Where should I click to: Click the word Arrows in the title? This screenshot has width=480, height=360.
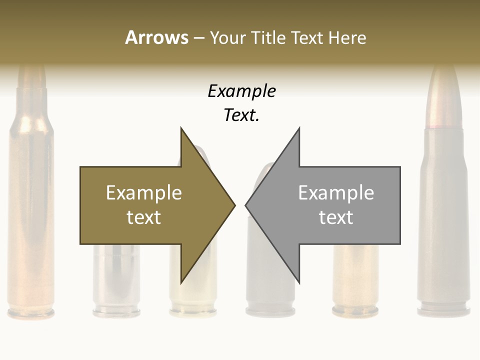pyautogui.click(x=156, y=37)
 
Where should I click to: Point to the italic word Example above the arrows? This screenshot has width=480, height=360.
pyautogui.click(x=241, y=91)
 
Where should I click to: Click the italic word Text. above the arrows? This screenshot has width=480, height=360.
pyautogui.click(x=241, y=115)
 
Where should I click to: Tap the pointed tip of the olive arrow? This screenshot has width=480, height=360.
pyautogui.click(x=234, y=204)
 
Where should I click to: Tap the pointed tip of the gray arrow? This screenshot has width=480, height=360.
pyautogui.click(x=246, y=204)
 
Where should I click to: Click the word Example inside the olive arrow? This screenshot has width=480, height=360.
pyautogui.click(x=144, y=193)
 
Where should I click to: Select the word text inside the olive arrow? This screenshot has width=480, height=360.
pyautogui.click(x=144, y=217)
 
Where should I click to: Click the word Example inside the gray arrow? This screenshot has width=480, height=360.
pyautogui.click(x=336, y=193)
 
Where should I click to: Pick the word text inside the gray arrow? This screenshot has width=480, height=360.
pyautogui.click(x=336, y=217)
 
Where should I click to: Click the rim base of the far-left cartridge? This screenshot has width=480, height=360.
pyautogui.click(x=31, y=313)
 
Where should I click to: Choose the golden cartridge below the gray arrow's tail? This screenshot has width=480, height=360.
pyautogui.click(x=355, y=280)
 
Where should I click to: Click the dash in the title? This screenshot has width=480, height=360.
pyautogui.click(x=198, y=38)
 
